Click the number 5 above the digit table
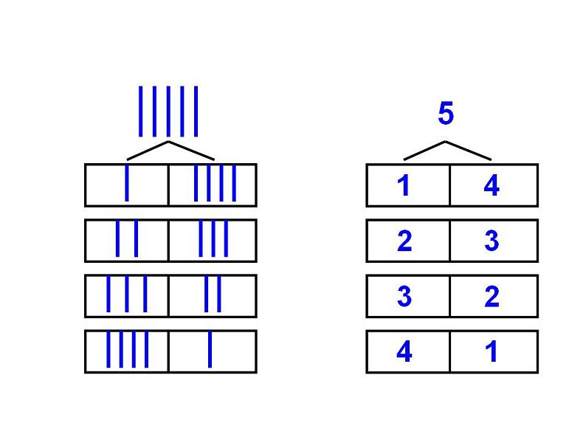tap(445, 114)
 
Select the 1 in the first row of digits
tap(404, 185)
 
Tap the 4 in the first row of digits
tap(492, 185)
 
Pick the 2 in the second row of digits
tap(404, 241)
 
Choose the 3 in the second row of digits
tap(492, 241)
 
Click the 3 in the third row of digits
tap(404, 296)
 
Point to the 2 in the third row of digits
tap(492, 296)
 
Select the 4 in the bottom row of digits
tap(404, 351)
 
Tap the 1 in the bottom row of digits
tap(492, 351)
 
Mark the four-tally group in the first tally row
tap(214, 184)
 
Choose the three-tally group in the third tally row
tap(127, 294)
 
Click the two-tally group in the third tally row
tap(213, 294)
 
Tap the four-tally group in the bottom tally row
tap(127, 349)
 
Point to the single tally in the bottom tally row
tap(210, 349)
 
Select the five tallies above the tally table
tap(168, 111)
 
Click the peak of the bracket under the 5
tap(445, 142)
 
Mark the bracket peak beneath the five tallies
tap(169, 142)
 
